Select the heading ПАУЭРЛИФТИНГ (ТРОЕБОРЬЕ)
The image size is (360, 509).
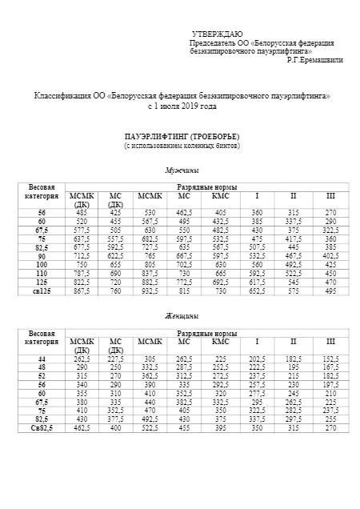point(182,138)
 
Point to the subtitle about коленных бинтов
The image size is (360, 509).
point(182,146)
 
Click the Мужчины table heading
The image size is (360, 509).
point(182,170)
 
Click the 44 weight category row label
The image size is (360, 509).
point(42,359)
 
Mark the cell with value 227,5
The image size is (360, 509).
point(115,359)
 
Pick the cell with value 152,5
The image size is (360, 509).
point(330,359)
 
